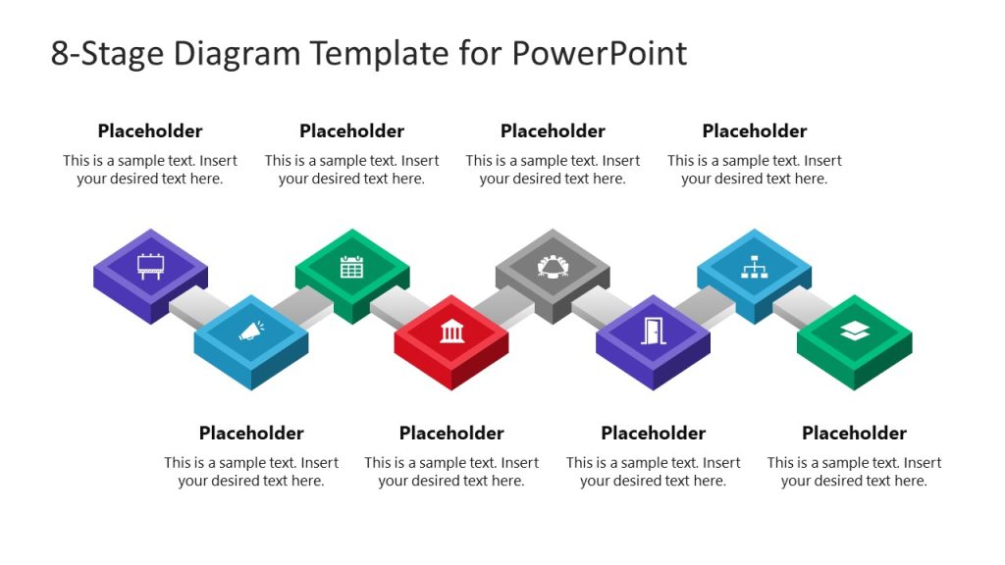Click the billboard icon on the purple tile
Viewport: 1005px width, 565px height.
[150, 266]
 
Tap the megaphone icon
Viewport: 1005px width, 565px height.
[250, 332]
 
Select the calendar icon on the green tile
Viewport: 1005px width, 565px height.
[351, 266]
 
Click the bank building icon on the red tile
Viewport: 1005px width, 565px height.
[451, 332]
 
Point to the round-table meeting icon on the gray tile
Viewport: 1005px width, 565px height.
[553, 266]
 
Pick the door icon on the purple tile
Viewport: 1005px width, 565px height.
[653, 332]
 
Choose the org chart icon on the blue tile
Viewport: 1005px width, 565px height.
[754, 266]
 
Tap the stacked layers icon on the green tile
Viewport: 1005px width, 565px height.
[854, 332]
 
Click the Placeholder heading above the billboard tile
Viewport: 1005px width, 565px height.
[150, 131]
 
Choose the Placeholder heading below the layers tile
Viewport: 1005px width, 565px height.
[854, 434]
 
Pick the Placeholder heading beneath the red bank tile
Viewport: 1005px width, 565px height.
[451, 434]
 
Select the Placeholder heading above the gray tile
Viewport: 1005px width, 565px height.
[553, 131]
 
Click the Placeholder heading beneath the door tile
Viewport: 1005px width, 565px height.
[653, 434]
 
